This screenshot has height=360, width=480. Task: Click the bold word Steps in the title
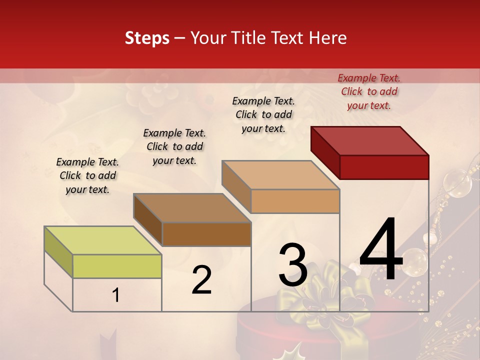pos(147,38)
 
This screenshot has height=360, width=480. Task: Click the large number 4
pos(381,250)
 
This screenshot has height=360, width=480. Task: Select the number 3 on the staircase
pos(293,265)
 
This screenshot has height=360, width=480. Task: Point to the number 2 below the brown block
pos(201,280)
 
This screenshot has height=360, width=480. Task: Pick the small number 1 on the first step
pos(115,295)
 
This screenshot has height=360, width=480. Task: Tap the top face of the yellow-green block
pos(103,240)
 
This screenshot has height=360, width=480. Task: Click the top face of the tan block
pos(281,175)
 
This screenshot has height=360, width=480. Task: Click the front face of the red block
pos(384,167)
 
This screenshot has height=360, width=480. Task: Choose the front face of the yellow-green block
pos(117,266)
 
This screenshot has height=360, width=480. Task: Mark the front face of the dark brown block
pos(206,234)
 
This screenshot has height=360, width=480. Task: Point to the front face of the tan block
pos(295,201)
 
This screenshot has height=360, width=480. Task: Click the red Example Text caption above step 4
pos(369,91)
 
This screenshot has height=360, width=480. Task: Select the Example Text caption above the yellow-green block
pos(87,175)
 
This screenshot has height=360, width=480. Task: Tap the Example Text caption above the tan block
pos(263,114)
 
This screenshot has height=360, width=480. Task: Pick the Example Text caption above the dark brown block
pos(174,146)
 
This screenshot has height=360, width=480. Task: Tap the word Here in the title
pos(328,38)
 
